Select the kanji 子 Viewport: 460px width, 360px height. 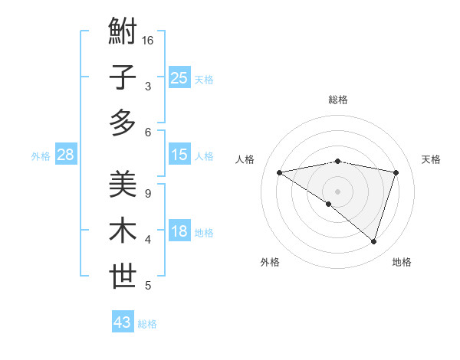[x=123, y=79]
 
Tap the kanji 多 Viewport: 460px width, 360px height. [x=123, y=123]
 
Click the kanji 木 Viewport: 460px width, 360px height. [x=123, y=231]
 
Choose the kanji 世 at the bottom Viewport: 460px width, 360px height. [x=123, y=277]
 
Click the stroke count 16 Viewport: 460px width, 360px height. [x=149, y=40]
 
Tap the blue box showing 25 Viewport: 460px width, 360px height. [x=179, y=78]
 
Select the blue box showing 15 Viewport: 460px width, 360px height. [x=179, y=155]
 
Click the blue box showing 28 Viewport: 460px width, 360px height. [x=65, y=155]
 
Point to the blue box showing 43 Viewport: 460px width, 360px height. [x=122, y=322]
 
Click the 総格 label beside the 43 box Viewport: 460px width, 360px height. [x=147, y=324]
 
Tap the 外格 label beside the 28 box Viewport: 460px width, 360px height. [x=41, y=156]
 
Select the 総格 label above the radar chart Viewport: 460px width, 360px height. [x=337, y=100]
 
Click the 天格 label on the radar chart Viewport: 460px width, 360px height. [x=431, y=159]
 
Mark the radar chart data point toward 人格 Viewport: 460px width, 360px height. [x=280, y=172]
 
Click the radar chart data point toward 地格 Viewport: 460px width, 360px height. [x=373, y=242]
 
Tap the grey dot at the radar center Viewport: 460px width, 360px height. [x=337, y=190]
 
